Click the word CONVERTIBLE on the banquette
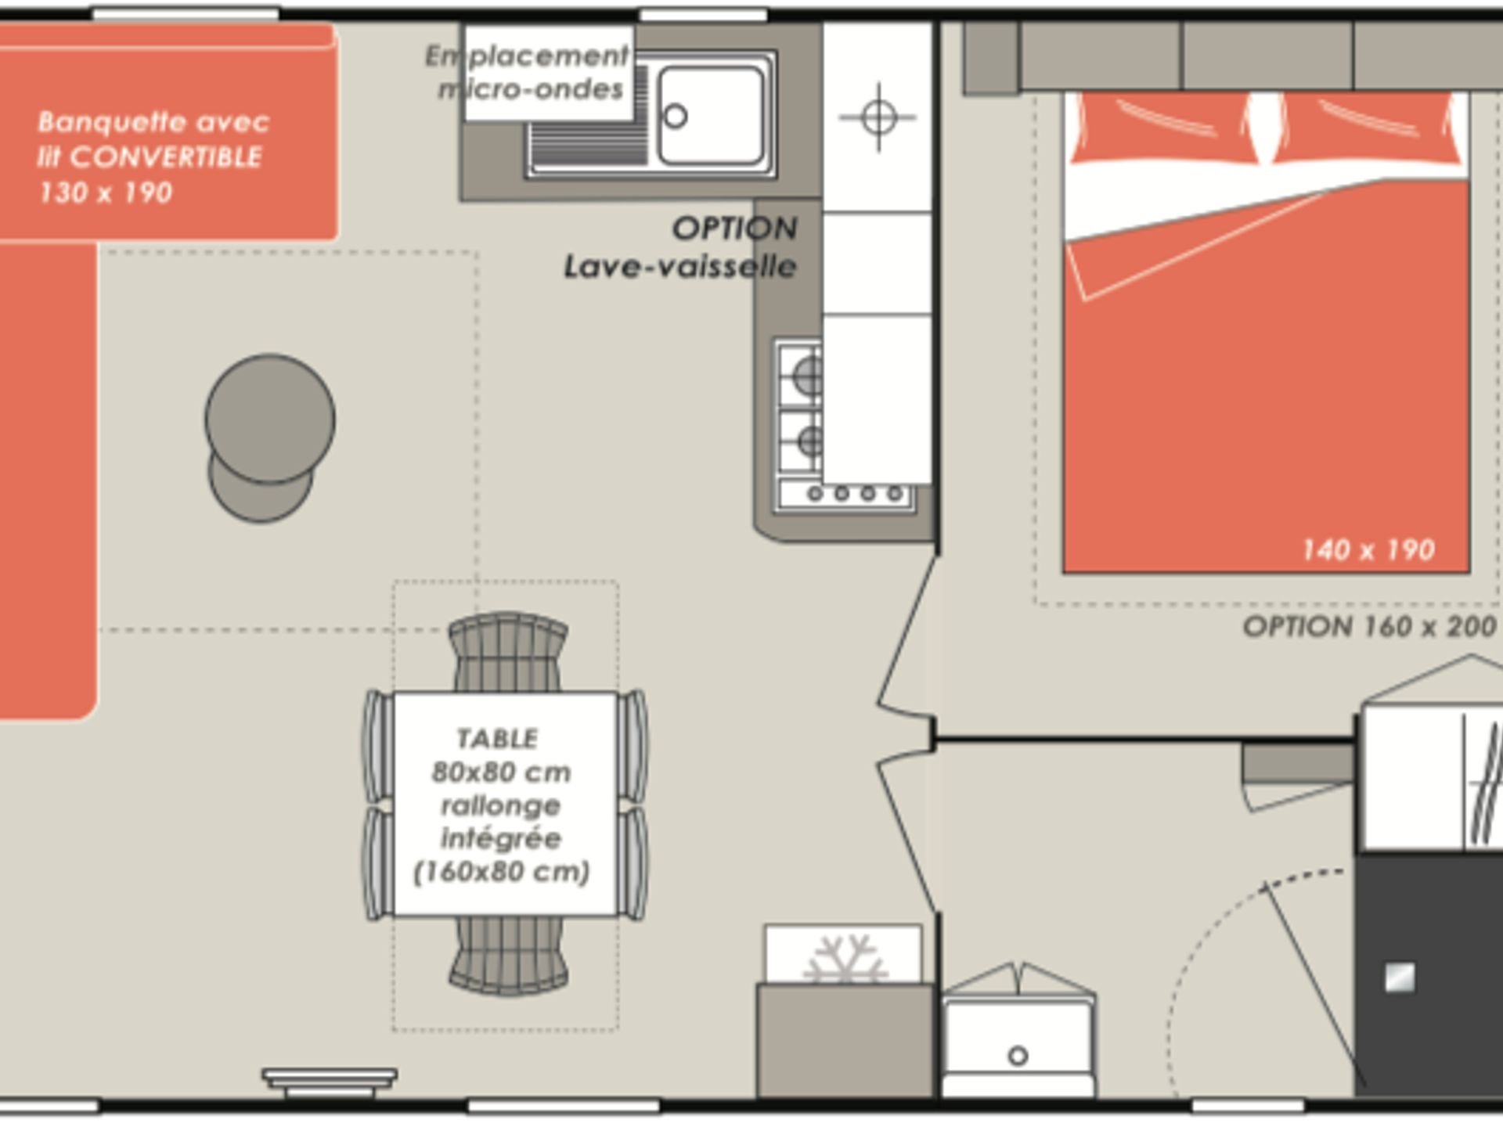(166, 157)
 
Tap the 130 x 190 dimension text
(106, 193)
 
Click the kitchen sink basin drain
(675, 117)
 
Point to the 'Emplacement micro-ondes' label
(528, 73)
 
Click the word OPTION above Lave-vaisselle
(734, 229)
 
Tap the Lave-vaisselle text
(680, 267)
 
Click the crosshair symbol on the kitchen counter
(878, 117)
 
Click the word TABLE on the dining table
(497, 738)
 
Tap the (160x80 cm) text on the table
(501, 872)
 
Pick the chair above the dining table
(508, 651)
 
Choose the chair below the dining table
(509, 955)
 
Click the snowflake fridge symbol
(845, 958)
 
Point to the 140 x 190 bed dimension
(1368, 550)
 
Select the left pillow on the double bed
(1166, 128)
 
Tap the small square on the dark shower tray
(1400, 978)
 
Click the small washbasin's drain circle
(1018, 1056)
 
